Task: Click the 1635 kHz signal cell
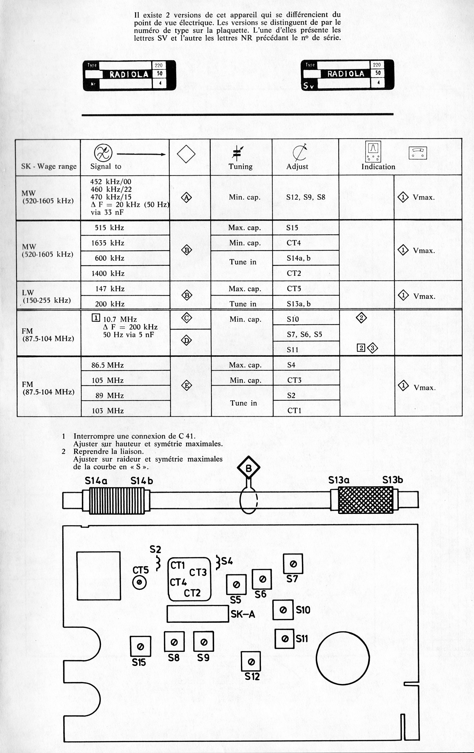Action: point(108,243)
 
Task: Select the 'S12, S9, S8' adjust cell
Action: point(306,197)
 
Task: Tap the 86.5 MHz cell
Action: point(108,365)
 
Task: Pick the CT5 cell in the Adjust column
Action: point(294,289)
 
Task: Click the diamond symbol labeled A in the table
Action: point(186,198)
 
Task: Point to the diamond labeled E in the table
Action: point(186,386)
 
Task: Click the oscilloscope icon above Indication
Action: point(373,151)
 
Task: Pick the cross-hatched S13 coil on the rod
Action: point(366,500)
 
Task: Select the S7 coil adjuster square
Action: point(293,564)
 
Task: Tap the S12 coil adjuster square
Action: point(251,662)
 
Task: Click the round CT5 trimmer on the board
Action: point(139,582)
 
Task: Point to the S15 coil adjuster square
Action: point(141,647)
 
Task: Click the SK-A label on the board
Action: point(243,614)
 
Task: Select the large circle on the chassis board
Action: point(343,658)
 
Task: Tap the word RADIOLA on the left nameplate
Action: point(129,74)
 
